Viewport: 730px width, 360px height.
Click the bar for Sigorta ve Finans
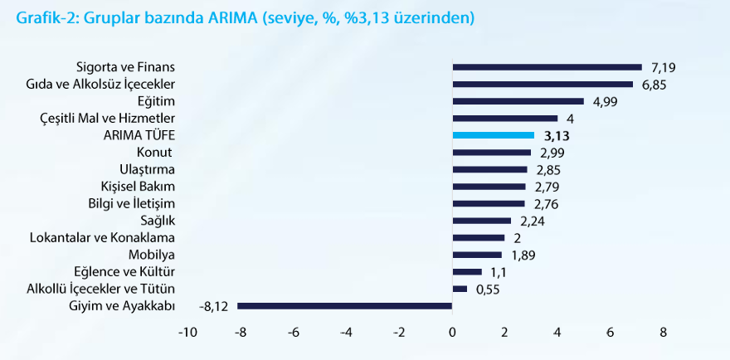[547, 67]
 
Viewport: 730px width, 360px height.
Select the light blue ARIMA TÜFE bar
[494, 135]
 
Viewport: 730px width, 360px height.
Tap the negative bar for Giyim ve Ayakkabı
[344, 305]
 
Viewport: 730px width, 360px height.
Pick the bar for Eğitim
[518, 101]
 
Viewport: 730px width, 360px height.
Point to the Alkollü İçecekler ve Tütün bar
[460, 289]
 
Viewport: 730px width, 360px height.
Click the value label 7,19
[664, 67]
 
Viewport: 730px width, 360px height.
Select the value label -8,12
[212, 305]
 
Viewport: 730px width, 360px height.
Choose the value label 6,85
[655, 85]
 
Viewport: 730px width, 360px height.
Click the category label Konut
[153, 153]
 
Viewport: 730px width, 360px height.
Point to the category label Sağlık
[158, 221]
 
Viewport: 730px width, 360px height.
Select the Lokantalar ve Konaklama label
[102, 237]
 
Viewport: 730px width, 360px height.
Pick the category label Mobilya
[152, 255]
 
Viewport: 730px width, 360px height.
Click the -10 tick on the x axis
[188, 333]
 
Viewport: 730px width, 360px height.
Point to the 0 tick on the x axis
[452, 333]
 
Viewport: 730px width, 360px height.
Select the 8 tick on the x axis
[663, 333]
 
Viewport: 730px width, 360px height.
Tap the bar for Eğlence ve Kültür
[467, 271]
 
